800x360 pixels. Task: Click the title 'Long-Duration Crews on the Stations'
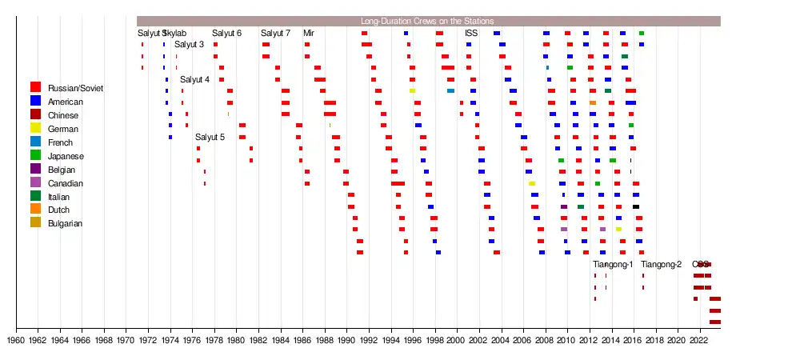click(427, 21)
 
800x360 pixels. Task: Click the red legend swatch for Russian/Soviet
click(36, 86)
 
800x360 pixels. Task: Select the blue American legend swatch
click(36, 100)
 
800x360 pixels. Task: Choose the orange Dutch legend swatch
click(36, 209)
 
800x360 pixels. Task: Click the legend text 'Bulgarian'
click(65, 223)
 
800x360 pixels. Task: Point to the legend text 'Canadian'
click(65, 183)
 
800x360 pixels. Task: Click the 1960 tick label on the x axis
click(16, 340)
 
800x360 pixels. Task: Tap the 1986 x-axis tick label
click(302, 340)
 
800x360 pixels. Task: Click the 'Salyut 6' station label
click(226, 33)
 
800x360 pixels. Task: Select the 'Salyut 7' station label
click(275, 33)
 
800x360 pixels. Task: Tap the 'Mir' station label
click(309, 33)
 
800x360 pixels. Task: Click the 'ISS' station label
click(471, 33)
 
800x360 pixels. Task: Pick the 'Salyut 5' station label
click(210, 137)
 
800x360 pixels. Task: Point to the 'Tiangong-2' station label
click(661, 264)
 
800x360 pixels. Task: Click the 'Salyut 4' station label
click(194, 79)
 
